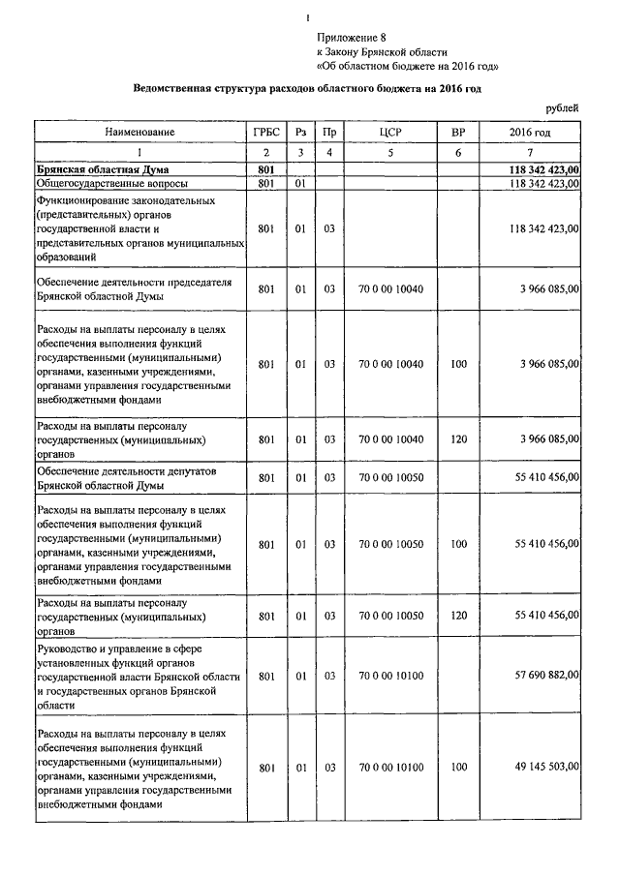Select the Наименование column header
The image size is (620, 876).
coord(140,132)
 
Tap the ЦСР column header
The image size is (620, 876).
coord(391,132)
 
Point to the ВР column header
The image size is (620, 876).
coord(458,132)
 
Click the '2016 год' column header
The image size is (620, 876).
coord(530,132)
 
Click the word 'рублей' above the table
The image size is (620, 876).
coord(563,107)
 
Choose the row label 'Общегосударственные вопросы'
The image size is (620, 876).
coord(111,182)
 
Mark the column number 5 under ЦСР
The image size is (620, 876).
coord(391,152)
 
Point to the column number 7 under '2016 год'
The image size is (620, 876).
coord(530,152)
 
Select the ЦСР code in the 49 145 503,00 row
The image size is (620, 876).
coord(391,767)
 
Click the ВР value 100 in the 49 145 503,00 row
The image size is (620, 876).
coord(458,767)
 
